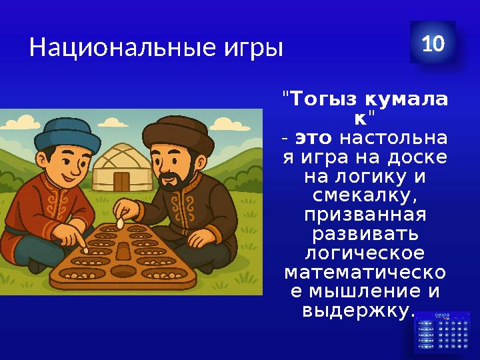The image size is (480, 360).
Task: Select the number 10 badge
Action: pyautogui.click(x=433, y=44)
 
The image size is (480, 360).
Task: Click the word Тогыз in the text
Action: pyautogui.click(x=324, y=100)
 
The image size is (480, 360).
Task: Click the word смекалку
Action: pyautogui.click(x=365, y=197)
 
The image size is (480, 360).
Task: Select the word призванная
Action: pyautogui.click(x=365, y=217)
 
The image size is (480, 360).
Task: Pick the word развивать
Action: pyautogui.click(x=365, y=236)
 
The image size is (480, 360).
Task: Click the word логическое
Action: pyautogui.click(x=365, y=255)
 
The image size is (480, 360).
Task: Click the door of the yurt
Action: pyautogui.click(x=121, y=181)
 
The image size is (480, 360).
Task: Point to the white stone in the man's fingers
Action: pyautogui.click(x=121, y=223)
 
